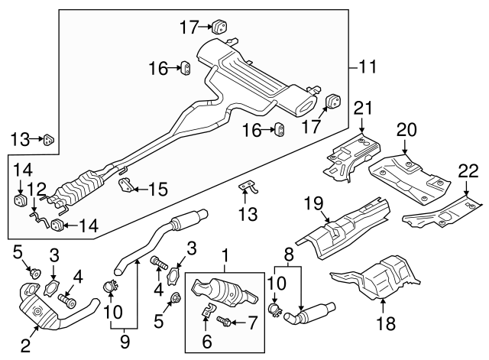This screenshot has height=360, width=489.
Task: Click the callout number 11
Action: pos(368,69)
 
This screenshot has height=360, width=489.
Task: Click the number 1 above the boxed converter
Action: pos(225,253)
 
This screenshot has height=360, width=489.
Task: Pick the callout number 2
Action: pos(25,346)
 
